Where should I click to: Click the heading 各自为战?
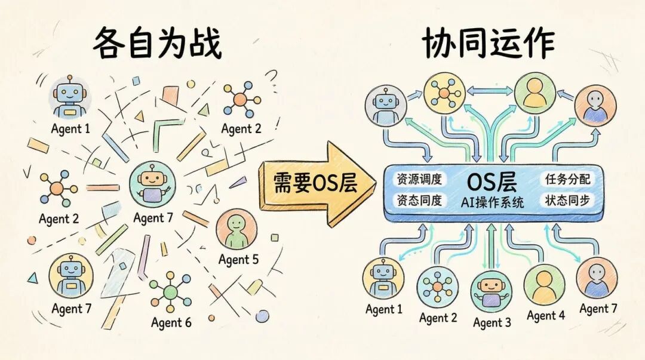157,44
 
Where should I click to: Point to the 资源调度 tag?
419,179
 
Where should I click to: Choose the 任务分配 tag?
567,179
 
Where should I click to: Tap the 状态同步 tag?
567,200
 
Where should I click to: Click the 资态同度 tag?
419,201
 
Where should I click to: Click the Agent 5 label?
238,260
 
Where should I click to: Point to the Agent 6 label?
171,323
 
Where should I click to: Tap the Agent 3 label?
492,322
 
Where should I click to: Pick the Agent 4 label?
545,315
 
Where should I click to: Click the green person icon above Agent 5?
236,229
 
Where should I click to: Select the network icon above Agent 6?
171,291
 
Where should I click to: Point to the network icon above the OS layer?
444,93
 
